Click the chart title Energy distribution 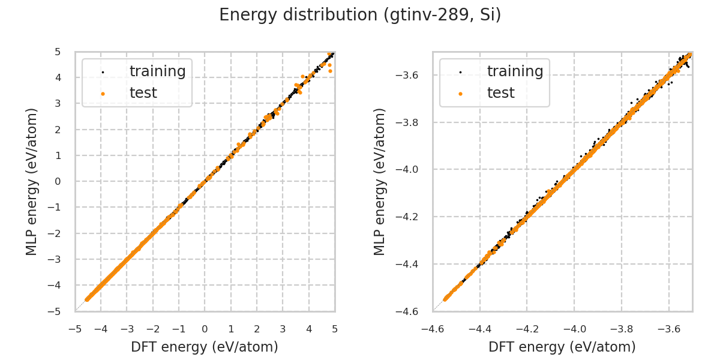point(360,15)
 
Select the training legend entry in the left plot point(157,71)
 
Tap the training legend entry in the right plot point(515,71)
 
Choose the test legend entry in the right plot point(500,93)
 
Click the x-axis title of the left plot point(205,347)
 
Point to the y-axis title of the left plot point(32,181)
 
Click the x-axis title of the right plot point(562,347)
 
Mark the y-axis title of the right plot point(380,181)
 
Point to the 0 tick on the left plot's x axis point(205,329)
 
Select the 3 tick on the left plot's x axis point(283,329)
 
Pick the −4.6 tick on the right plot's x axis point(433,329)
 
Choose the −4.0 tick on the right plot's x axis point(574,329)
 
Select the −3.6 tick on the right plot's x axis point(668,329)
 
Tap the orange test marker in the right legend point(460,94)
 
